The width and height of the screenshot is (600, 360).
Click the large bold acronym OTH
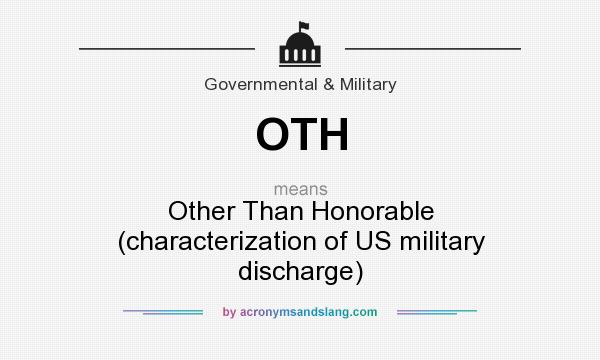pos(302,134)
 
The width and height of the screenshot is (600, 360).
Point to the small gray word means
pos(301,188)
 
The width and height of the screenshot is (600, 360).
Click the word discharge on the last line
pos(299,270)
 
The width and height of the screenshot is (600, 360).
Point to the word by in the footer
pos(229,312)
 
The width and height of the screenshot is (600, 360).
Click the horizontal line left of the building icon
pos(167,47)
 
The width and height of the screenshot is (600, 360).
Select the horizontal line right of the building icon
pos(432,47)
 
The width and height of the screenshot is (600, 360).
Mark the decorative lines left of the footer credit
pos(163,312)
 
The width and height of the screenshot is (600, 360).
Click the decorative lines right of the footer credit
pos(437,312)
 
